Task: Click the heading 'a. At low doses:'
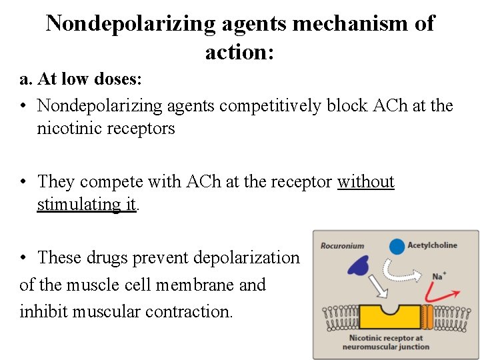pyautogui.click(x=81, y=79)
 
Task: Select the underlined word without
pyautogui.click(x=365, y=181)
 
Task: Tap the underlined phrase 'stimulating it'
pyautogui.click(x=86, y=204)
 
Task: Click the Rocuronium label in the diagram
pyautogui.click(x=342, y=245)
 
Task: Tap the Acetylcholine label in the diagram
pyautogui.click(x=432, y=245)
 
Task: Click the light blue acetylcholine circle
pyautogui.click(x=397, y=246)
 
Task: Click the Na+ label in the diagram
pyautogui.click(x=438, y=275)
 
